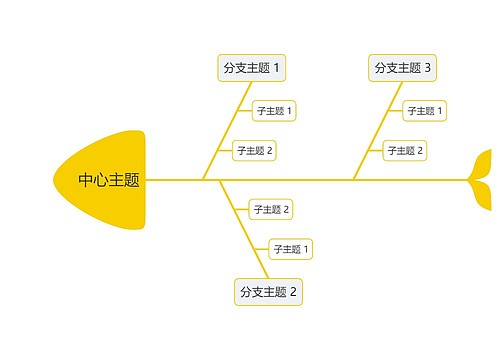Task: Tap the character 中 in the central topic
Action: coord(87,181)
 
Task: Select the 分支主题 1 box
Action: coord(252,68)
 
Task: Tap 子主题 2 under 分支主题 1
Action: coord(254,151)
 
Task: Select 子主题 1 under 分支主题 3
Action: coord(425,110)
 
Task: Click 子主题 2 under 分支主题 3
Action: coord(405,151)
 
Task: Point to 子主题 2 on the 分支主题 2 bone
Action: coord(271,209)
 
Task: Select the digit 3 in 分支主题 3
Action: coord(428,68)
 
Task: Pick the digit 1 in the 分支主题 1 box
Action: coord(277,68)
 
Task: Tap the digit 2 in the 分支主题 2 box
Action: coord(294,292)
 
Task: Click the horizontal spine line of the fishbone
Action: coord(300,180)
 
